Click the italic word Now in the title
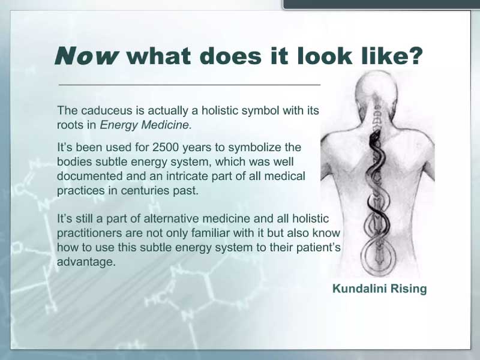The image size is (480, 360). tap(86, 56)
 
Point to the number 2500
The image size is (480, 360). tap(166, 147)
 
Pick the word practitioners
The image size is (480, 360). tap(88, 233)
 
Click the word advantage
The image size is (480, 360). tap(86, 262)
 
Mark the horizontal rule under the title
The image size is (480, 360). tap(190, 85)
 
